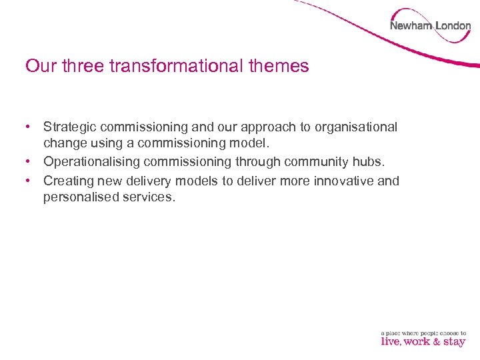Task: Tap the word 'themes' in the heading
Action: click(x=278, y=66)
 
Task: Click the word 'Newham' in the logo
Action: click(x=411, y=26)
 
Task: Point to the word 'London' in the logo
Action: click(x=453, y=26)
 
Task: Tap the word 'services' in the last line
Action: click(x=147, y=198)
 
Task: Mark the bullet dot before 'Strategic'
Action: click(x=29, y=127)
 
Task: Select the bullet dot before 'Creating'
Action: click(x=29, y=181)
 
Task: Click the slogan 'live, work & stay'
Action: click(x=423, y=342)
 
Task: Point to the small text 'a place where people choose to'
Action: click(x=423, y=333)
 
